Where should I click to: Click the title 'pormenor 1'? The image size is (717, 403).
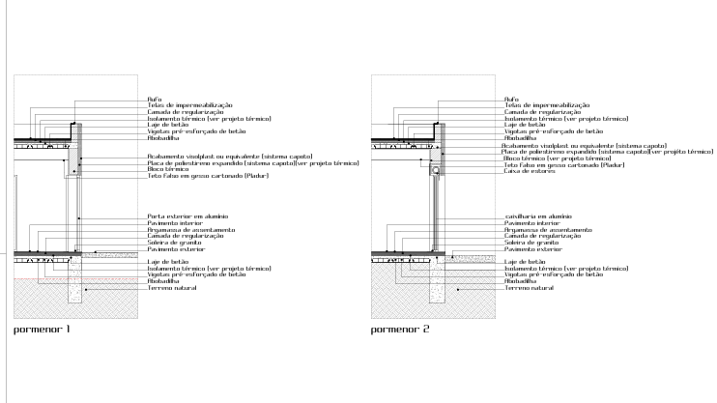click(x=42, y=330)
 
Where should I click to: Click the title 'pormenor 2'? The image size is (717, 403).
click(x=400, y=330)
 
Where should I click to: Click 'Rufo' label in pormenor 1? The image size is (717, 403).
click(x=154, y=99)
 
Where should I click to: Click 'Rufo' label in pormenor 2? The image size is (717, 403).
click(x=511, y=99)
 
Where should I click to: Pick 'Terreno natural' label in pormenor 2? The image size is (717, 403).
click(x=529, y=288)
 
